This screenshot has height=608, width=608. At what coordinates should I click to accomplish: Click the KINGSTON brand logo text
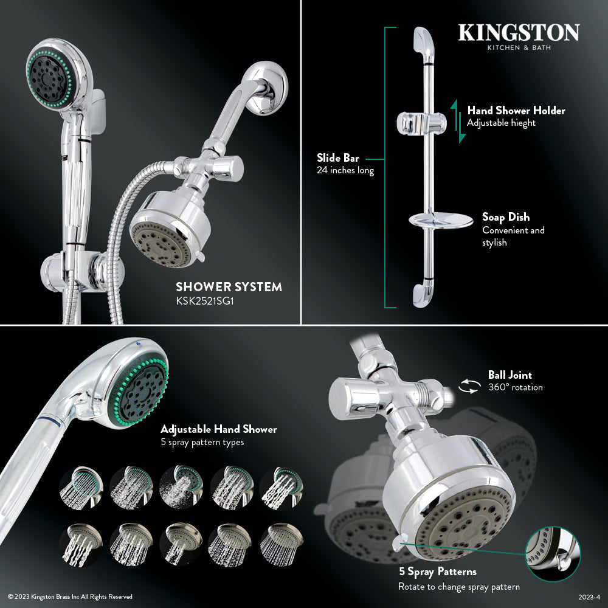click(519, 33)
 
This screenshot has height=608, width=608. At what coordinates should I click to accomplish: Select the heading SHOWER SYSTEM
click(229, 286)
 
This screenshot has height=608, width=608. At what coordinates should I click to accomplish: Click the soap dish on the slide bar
click(440, 221)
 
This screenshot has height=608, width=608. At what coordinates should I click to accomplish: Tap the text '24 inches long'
click(345, 171)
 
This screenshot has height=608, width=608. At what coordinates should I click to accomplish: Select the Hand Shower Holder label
click(516, 111)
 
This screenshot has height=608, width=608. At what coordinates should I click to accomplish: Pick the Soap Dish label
click(505, 217)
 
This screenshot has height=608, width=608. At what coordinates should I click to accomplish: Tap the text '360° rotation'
click(515, 387)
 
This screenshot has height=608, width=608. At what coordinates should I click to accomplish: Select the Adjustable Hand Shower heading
click(218, 429)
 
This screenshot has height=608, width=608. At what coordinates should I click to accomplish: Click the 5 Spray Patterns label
click(437, 572)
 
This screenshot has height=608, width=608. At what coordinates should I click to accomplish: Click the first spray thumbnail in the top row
click(81, 487)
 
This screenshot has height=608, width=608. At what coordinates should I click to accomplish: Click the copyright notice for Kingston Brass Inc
click(70, 596)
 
